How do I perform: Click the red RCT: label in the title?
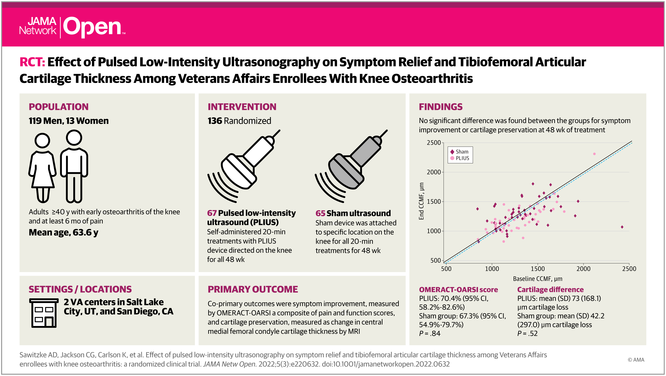(32, 62)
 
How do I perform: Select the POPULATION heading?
(59, 107)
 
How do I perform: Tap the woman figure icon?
(42, 168)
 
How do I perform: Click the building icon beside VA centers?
(44, 313)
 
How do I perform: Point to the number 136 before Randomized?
(215, 121)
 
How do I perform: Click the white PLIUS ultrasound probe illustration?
(244, 166)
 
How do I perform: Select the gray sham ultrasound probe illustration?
(351, 166)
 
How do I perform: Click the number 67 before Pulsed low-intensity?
(212, 213)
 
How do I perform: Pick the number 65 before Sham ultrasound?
(320, 213)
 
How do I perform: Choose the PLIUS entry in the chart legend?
(460, 158)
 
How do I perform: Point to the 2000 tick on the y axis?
(434, 172)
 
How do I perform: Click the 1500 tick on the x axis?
(537, 269)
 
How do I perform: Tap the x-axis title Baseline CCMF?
(537, 279)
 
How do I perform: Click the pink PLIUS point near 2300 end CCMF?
(594, 154)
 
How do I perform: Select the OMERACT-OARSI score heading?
(458, 290)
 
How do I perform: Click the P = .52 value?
(527, 333)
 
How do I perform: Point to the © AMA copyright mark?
(636, 360)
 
